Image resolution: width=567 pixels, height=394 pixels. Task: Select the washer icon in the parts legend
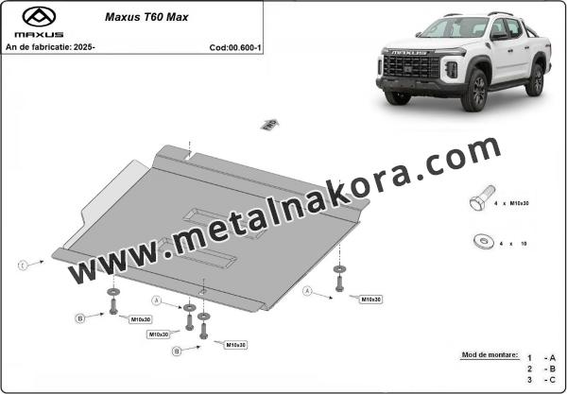click(477, 242)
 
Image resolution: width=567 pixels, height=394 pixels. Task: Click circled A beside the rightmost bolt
click(308, 293)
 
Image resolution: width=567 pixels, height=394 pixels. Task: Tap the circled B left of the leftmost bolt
click(80, 317)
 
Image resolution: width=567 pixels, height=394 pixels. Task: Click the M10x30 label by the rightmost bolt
click(370, 299)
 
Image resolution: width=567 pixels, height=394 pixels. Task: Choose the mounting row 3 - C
click(544, 378)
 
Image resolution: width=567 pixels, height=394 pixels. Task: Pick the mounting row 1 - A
click(544, 356)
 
